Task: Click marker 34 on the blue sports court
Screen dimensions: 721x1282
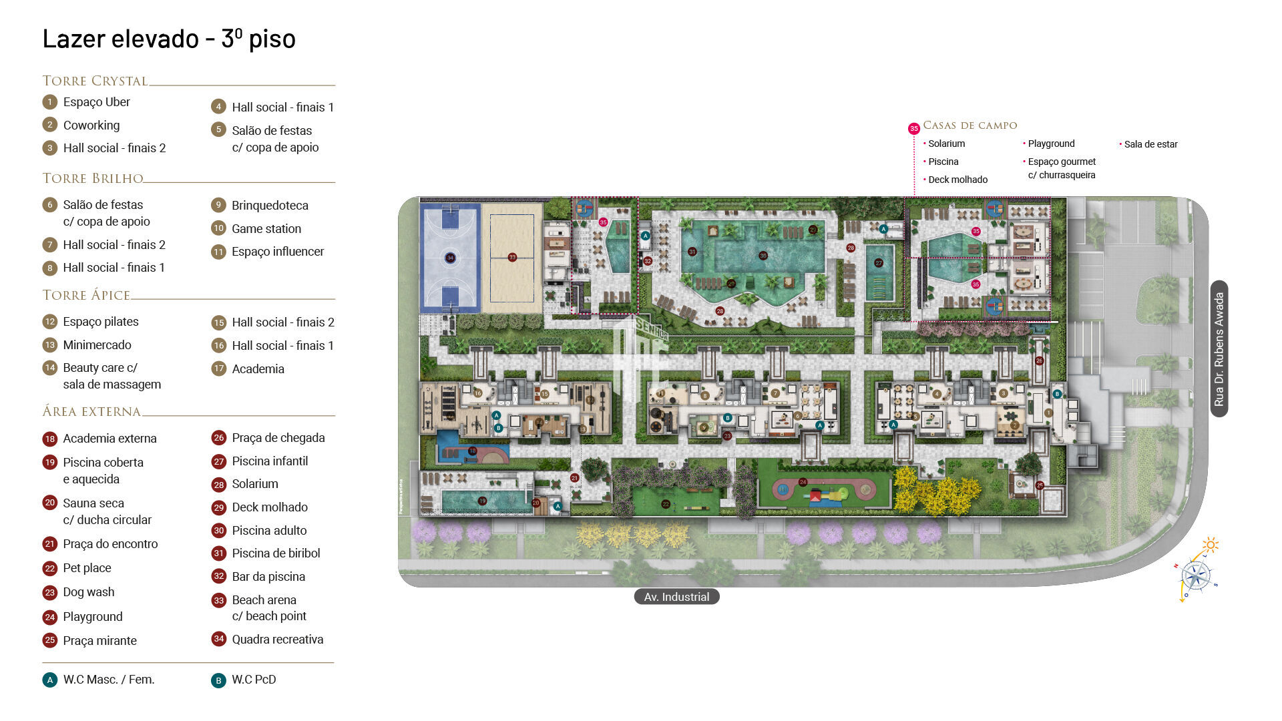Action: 450,258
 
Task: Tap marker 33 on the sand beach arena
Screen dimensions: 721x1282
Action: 512,257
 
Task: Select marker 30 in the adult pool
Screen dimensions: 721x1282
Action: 763,256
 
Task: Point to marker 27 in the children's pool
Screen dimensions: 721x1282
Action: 879,263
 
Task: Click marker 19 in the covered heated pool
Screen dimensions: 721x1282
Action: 482,501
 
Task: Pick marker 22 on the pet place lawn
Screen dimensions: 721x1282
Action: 666,504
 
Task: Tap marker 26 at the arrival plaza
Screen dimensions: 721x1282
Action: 1039,360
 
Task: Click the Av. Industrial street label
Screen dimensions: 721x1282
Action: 676,597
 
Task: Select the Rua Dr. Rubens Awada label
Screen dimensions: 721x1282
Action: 1219,349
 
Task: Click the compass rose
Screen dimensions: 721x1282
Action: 1195,575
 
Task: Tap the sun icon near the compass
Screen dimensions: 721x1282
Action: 1210,545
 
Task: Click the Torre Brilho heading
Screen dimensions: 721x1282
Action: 93,178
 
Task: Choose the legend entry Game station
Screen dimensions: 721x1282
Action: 266,228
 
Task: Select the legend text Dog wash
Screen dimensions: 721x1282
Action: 88,592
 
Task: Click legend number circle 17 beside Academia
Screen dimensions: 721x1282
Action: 218,369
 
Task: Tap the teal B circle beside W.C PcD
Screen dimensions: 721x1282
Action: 218,680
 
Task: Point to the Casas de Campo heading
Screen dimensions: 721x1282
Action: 970,126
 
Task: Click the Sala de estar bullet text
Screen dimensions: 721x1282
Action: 1150,144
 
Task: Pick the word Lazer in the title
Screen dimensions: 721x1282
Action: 73,39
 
